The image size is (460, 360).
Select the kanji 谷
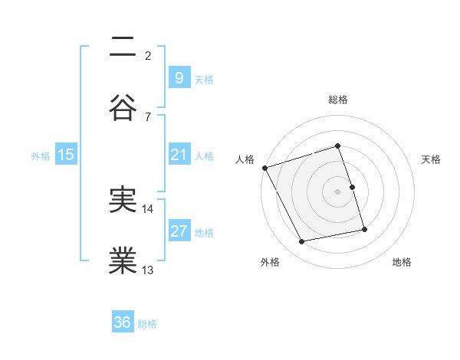tap(123, 108)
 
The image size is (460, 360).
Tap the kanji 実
tap(123, 201)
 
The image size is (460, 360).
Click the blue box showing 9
tap(179, 77)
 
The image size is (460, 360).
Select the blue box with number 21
tap(179, 155)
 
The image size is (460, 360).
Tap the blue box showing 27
tap(179, 231)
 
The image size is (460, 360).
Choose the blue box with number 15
tap(66, 155)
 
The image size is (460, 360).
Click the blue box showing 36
tap(123, 322)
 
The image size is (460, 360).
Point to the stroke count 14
tap(148, 208)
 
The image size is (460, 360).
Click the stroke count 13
tap(148, 270)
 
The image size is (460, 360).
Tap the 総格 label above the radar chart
tap(338, 100)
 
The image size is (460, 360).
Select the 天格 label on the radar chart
tap(432, 159)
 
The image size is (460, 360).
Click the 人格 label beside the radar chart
tap(245, 159)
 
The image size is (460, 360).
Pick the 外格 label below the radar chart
tap(270, 262)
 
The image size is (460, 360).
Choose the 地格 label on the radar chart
tap(402, 262)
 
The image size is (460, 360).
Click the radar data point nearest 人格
tap(264, 167)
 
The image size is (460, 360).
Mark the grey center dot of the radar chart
tap(338, 191)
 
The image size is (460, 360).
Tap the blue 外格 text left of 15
tap(41, 155)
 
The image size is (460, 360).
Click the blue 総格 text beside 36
tap(147, 323)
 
